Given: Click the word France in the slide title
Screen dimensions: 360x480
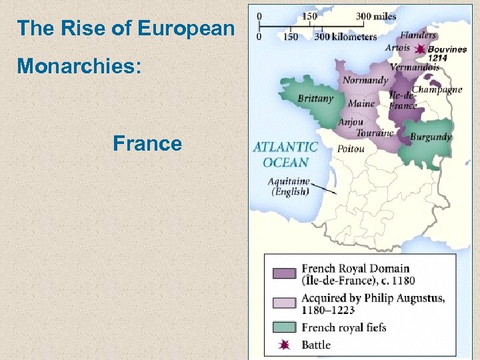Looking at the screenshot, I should click(147, 143).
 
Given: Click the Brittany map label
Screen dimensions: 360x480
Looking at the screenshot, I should click(315, 99).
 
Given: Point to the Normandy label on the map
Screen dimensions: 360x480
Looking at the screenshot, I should click(365, 81).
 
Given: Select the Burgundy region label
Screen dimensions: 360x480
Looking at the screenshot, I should click(431, 137).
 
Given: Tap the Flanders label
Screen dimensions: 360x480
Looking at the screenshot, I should click(419, 35).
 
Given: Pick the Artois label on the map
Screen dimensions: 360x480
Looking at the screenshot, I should click(398, 48).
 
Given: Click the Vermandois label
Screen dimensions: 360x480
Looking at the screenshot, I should click(415, 67).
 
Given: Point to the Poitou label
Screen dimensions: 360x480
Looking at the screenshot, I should click(351, 149).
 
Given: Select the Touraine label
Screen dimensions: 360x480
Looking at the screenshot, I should click(375, 133).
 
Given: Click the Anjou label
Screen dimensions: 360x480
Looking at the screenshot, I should click(351, 122).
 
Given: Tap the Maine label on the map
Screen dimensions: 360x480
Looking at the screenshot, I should click(361, 104).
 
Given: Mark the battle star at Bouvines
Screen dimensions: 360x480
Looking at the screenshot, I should click(420, 50).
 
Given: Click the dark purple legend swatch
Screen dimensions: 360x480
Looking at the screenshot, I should click(283, 273).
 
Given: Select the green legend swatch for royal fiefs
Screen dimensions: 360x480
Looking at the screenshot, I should click(283, 327).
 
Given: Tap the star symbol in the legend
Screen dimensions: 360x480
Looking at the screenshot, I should click(283, 345).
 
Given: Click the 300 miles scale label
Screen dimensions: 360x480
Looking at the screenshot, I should click(376, 15).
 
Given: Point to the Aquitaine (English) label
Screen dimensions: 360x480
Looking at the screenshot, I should click(289, 186).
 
